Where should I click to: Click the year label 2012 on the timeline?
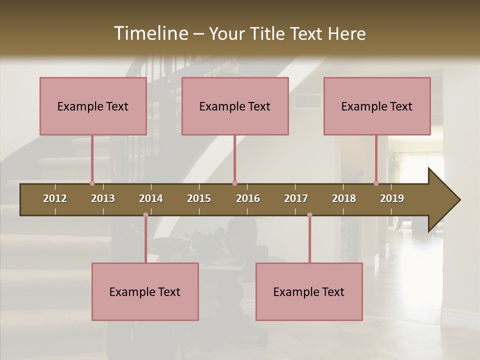coord(55,198)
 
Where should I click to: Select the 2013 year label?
coord(103,198)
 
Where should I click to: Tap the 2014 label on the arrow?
coord(151,198)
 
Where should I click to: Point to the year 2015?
coord(199,198)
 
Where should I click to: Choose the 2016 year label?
coord(248,198)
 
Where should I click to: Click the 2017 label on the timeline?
coord(296,198)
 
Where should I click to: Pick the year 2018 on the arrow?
coord(344,198)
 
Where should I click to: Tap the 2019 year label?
coord(392,198)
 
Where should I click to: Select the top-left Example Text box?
coord(93,106)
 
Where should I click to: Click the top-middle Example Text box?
coord(235,106)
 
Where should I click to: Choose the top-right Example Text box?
coord(377,106)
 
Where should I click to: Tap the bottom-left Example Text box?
coord(145,291)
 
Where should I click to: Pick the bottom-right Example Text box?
coord(309,291)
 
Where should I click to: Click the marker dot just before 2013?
coord(92,183)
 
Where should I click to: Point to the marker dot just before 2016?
coord(234,183)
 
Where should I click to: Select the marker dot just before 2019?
coord(376,183)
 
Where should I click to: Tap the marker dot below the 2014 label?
coord(145,215)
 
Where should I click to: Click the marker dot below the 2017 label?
coord(309,215)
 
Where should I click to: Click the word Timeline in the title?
coord(150,33)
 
